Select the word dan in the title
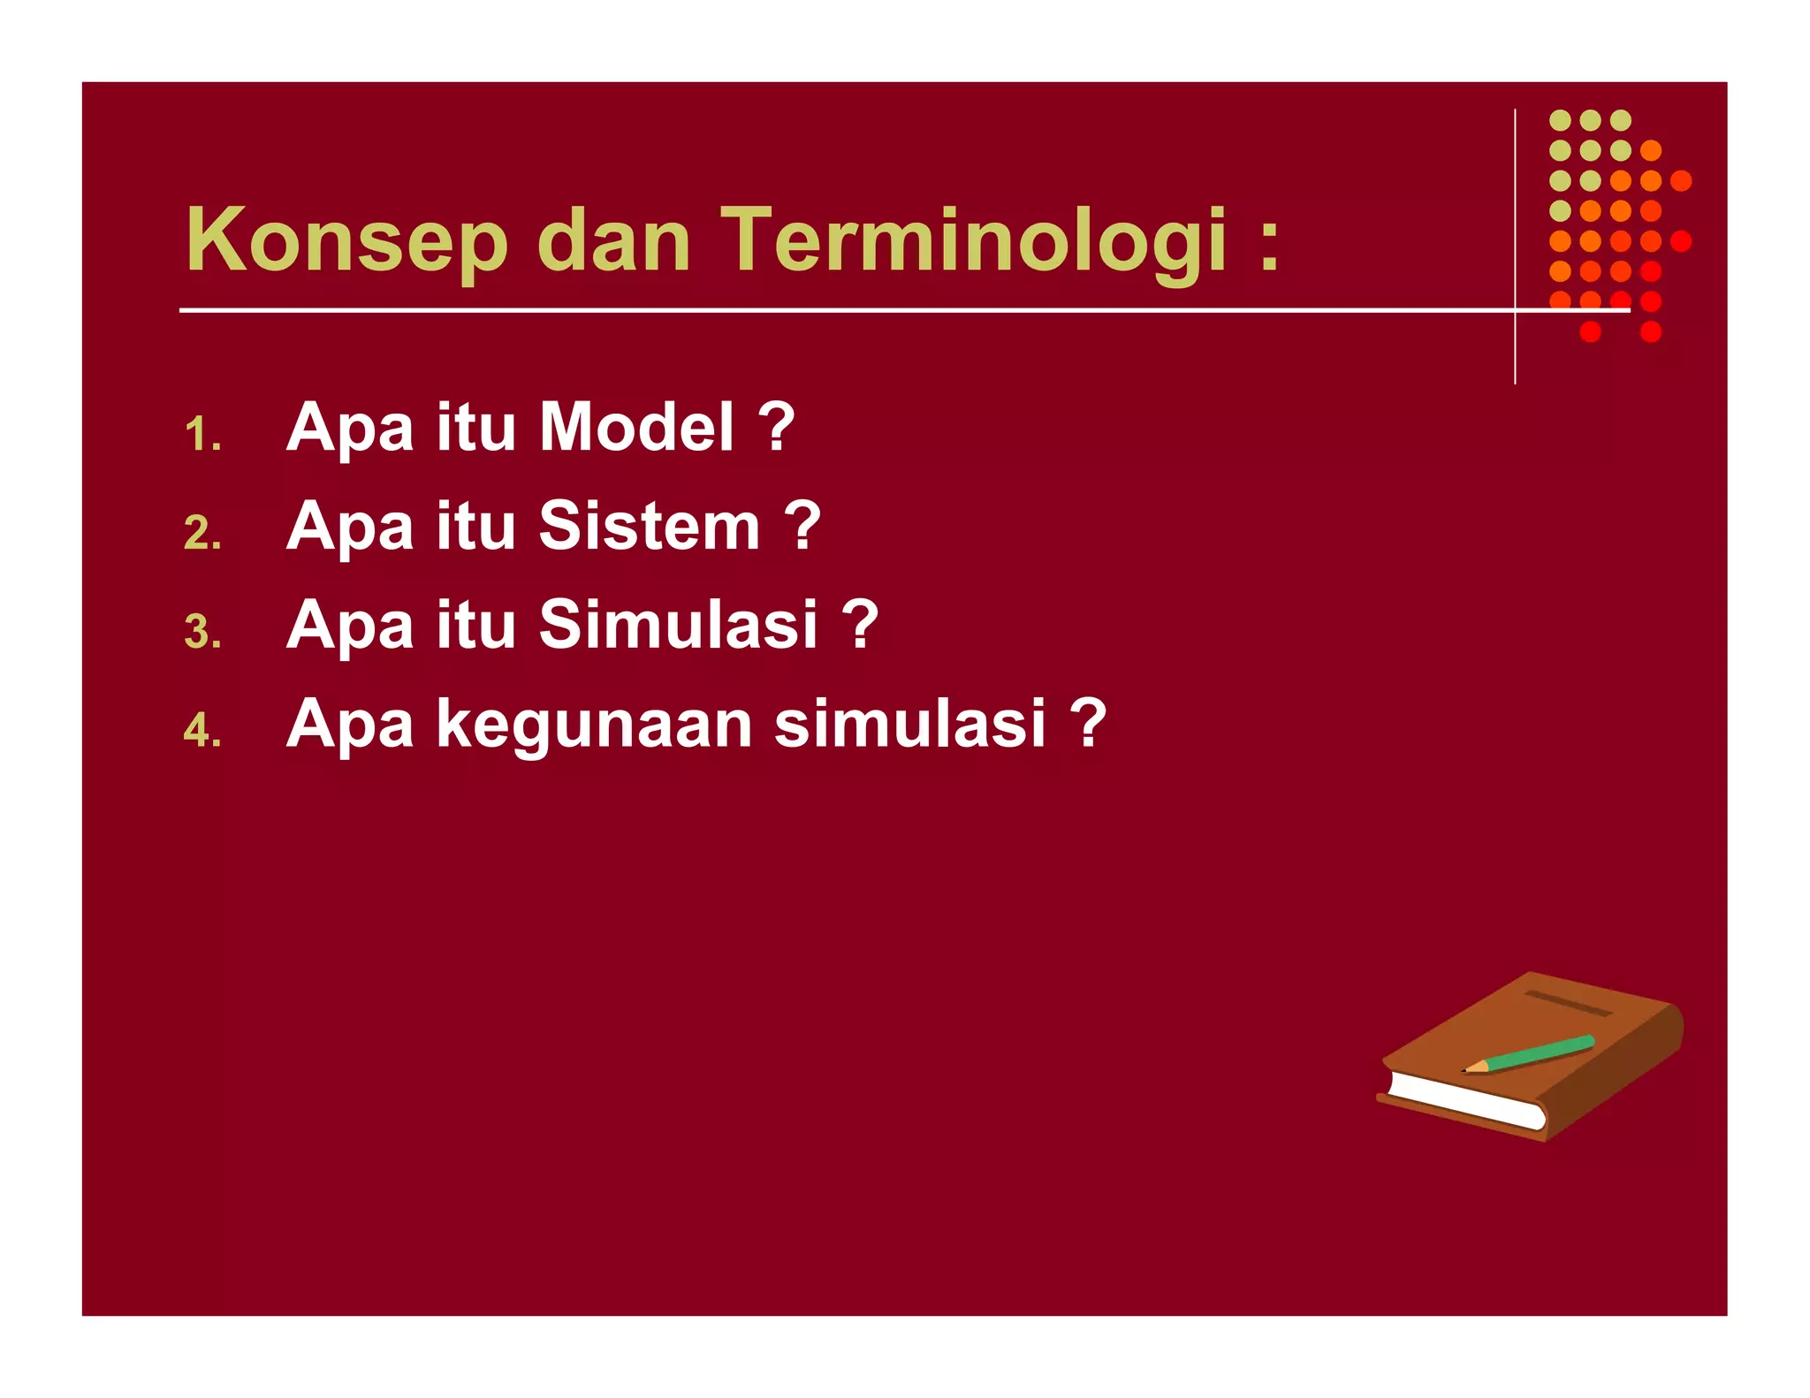click(x=613, y=240)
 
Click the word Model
click(x=636, y=428)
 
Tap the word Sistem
click(x=650, y=527)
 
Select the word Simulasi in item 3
click(x=678, y=626)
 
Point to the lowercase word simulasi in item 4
click(x=910, y=725)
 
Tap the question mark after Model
click(x=777, y=428)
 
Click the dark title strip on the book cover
click(x=1569, y=1004)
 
